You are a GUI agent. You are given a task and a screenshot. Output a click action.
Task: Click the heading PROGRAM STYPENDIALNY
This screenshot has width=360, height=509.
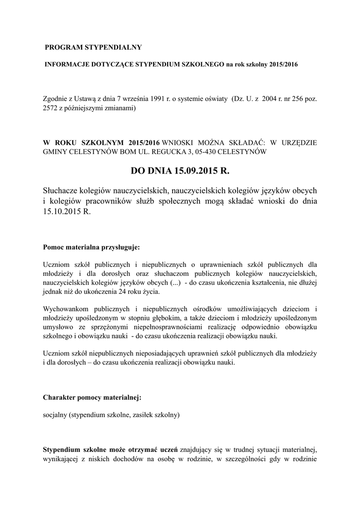[93, 47]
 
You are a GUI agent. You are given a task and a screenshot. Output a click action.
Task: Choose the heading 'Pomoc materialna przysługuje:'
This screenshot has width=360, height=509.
[91, 247]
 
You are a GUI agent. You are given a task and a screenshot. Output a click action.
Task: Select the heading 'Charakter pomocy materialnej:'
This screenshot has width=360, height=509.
[92, 397]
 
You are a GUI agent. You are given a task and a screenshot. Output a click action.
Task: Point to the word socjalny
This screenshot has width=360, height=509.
[56, 415]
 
